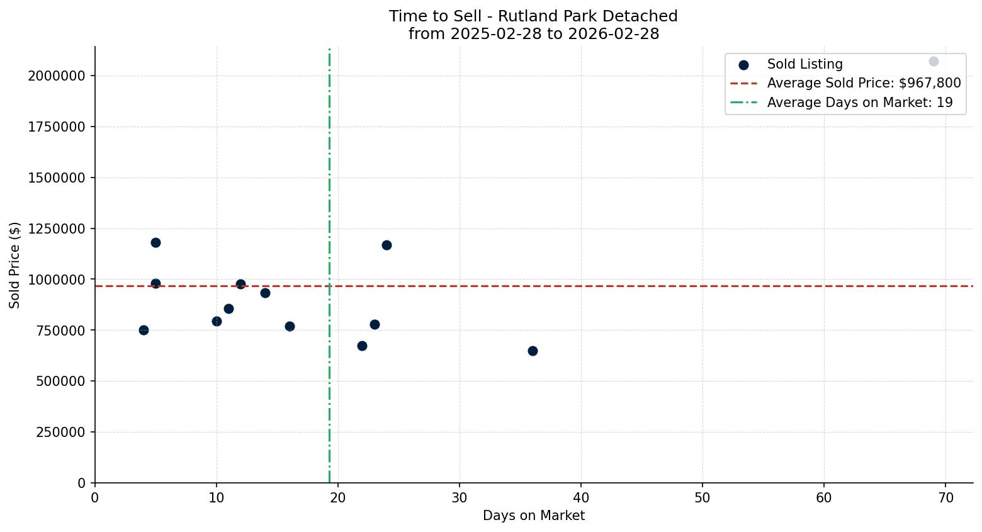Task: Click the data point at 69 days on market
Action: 934,62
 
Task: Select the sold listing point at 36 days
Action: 533,351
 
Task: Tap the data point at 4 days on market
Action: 144,330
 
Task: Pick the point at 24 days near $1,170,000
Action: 387,245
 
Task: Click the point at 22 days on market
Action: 362,346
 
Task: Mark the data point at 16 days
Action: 290,326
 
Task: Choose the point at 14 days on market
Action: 265,293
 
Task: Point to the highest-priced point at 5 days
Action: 155,242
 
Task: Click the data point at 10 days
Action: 217,321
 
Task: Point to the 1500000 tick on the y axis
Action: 57,178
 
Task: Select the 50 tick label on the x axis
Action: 703,498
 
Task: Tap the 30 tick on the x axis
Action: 460,498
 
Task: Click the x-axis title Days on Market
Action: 534,516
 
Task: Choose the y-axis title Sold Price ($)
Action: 15,265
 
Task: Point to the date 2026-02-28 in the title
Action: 614,34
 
